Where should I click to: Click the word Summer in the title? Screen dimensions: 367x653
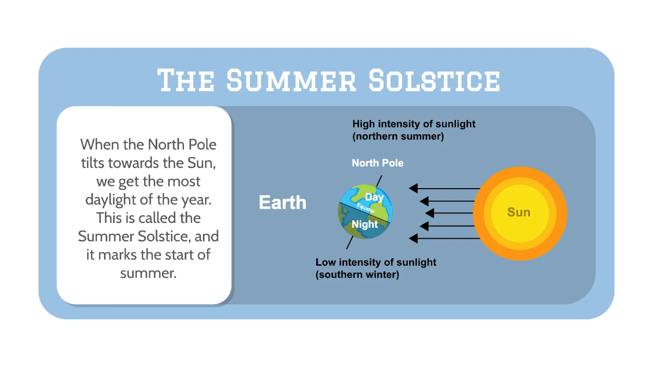click(x=291, y=81)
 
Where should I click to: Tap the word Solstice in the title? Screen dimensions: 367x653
click(x=434, y=81)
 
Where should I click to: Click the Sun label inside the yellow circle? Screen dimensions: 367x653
click(x=519, y=212)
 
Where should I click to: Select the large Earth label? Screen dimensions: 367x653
click(x=282, y=203)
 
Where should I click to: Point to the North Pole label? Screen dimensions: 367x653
click(x=378, y=163)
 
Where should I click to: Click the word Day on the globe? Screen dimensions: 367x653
click(x=374, y=197)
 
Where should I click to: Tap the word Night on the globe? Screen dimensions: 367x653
click(x=365, y=224)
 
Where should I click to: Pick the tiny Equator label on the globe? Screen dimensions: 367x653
click(x=366, y=210)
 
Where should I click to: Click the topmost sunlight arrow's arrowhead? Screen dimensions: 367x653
click(x=414, y=189)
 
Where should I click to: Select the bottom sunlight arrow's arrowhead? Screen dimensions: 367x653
click(x=414, y=238)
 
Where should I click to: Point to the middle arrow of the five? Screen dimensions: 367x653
click(x=452, y=213)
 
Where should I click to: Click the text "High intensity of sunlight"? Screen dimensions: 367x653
click(x=414, y=124)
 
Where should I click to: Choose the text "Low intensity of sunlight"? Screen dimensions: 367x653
click(x=376, y=263)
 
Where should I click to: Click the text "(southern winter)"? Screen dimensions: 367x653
click(x=358, y=275)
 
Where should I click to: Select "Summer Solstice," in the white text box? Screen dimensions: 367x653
click(x=148, y=237)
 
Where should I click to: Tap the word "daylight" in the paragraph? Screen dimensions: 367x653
click(x=110, y=200)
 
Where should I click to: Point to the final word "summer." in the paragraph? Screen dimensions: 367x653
click(x=149, y=273)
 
